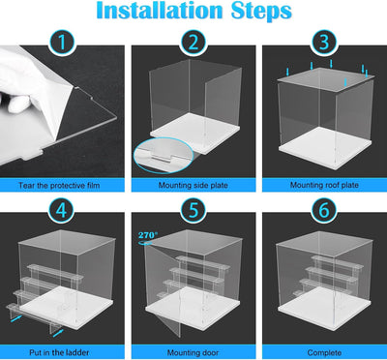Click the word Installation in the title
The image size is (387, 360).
160,11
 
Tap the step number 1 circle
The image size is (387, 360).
62,43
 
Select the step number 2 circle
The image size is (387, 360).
193,43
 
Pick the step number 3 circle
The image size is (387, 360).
324,43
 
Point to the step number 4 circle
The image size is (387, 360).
62,211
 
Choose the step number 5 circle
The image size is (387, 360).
193,211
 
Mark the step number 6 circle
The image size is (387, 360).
324,211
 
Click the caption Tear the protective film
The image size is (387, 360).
59,185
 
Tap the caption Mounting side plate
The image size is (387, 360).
193,185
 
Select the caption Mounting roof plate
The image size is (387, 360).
324,185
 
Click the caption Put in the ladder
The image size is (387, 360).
59,352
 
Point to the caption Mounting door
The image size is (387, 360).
193,352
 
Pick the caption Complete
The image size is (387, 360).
324,352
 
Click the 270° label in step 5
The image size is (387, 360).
148,234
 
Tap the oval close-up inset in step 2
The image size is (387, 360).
164,155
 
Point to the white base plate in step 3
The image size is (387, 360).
325,147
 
